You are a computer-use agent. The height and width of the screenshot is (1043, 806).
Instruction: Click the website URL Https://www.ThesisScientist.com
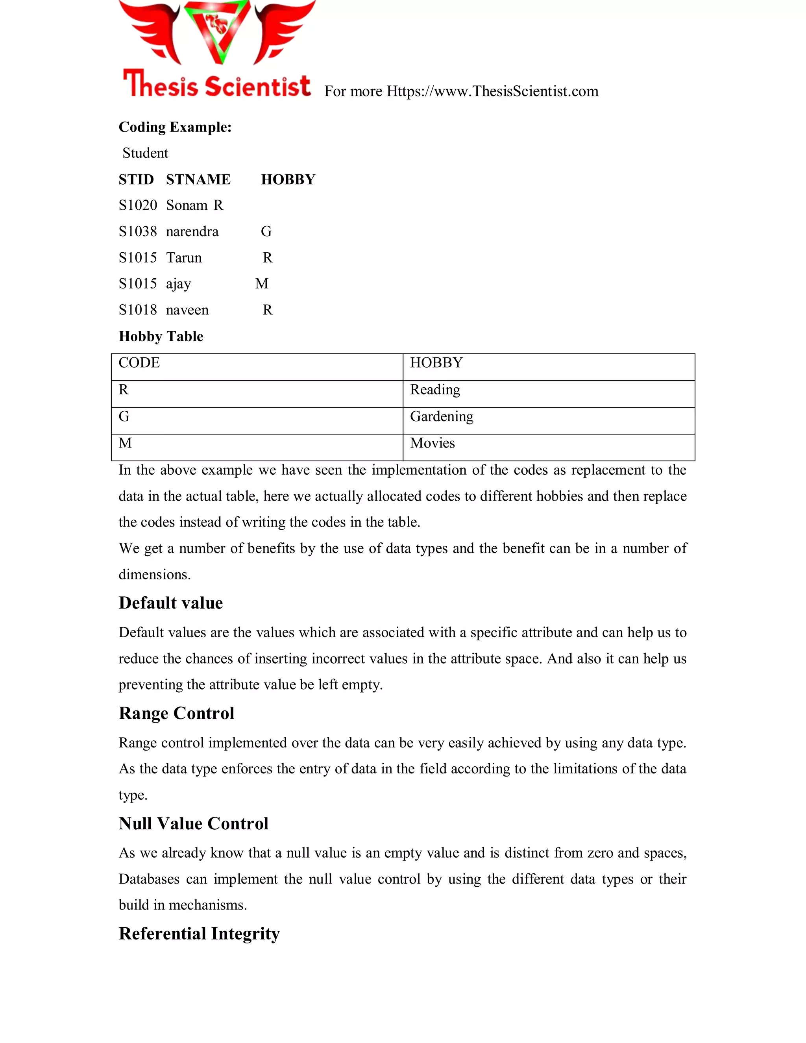tap(492, 91)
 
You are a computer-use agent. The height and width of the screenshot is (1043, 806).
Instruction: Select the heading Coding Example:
tap(175, 127)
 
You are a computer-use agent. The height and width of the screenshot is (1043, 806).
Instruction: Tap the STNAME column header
tap(198, 179)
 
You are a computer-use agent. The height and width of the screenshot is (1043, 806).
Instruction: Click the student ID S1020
tap(137, 205)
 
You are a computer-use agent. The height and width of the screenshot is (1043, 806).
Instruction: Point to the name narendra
tap(192, 231)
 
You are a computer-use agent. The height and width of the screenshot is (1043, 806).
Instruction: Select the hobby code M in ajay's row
tap(262, 284)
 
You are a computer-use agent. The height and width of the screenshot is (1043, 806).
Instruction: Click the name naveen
tap(187, 310)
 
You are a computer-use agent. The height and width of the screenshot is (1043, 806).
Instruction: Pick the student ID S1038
tap(137, 231)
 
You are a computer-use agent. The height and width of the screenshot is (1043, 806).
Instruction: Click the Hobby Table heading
tap(161, 336)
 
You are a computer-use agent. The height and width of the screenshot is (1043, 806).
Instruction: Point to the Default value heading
tap(170, 603)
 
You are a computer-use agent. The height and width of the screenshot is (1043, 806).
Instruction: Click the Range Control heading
tap(176, 714)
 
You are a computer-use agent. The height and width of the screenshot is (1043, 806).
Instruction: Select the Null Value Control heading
tap(193, 824)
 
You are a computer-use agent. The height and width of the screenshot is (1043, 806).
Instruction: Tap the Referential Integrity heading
tap(199, 934)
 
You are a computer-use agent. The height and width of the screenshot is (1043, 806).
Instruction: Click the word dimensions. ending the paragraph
tap(154, 575)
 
